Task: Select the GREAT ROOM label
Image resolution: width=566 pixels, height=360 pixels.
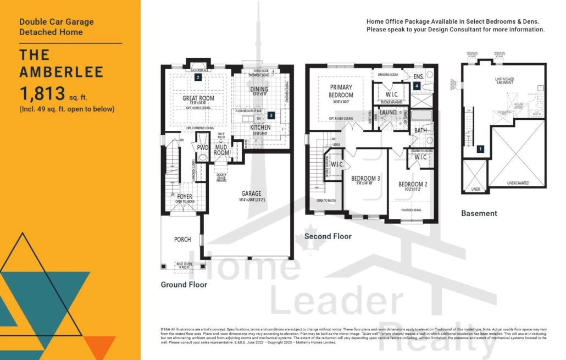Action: click(198, 98)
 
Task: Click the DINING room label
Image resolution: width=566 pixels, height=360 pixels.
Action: click(259, 89)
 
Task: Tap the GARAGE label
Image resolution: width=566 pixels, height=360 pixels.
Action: click(251, 193)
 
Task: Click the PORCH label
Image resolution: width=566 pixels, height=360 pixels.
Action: click(182, 239)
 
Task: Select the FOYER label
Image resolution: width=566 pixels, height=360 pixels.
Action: click(185, 196)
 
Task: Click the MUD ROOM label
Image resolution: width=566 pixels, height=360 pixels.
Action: click(222, 149)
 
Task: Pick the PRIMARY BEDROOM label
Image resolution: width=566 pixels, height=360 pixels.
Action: click(341, 91)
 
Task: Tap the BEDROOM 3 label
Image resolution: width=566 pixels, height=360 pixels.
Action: click(365, 179)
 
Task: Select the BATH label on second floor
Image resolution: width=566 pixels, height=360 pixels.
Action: click(420, 130)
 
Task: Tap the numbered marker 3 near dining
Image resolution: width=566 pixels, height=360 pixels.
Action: click(271, 115)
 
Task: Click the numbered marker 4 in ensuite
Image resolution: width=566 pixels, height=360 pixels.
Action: click(417, 86)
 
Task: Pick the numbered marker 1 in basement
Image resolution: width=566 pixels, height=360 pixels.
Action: click(480, 148)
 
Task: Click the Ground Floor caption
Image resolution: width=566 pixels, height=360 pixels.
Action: click(184, 285)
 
